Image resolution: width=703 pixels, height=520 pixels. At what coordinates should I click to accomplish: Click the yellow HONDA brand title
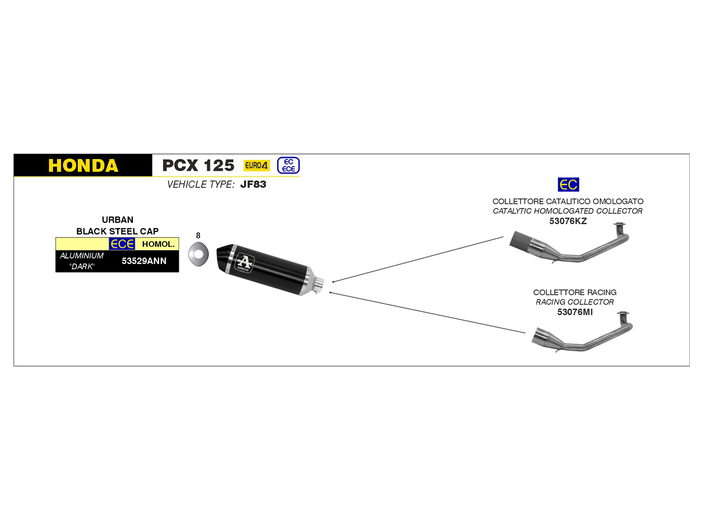click(83, 166)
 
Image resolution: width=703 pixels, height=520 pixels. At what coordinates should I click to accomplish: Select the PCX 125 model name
click(198, 166)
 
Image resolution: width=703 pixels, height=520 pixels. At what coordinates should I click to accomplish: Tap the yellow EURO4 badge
click(256, 165)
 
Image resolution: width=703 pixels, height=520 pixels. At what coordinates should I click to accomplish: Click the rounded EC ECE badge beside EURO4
click(288, 165)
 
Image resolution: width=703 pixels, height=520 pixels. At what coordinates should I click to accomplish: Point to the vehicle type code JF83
click(253, 185)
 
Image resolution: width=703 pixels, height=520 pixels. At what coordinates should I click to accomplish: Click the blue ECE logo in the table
click(122, 244)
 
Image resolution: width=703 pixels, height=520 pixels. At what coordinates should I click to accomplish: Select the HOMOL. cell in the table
click(158, 244)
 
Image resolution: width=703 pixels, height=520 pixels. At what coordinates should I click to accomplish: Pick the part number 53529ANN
click(144, 261)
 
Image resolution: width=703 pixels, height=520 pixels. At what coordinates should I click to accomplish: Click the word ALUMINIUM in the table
click(82, 256)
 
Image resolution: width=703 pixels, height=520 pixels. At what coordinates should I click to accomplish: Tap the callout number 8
click(198, 236)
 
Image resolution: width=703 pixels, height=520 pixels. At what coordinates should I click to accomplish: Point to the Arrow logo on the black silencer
click(244, 263)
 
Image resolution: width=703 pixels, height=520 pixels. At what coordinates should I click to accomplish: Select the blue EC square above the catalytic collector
click(569, 185)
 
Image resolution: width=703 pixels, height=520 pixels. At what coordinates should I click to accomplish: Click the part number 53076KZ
click(568, 221)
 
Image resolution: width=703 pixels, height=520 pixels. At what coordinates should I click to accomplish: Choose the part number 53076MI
click(575, 312)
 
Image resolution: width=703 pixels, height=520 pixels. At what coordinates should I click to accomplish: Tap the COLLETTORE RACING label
click(575, 293)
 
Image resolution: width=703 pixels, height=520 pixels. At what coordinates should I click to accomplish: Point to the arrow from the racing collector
click(428, 313)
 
